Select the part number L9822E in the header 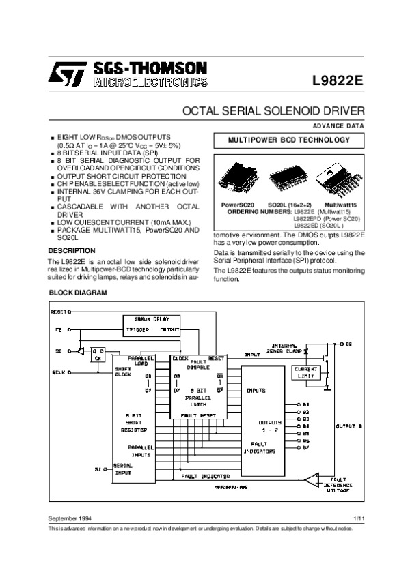coord(338,78)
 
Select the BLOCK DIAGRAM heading coord(79,292)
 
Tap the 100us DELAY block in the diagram coord(151,318)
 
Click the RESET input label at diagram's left coord(58,312)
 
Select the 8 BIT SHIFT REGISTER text coord(127,422)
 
